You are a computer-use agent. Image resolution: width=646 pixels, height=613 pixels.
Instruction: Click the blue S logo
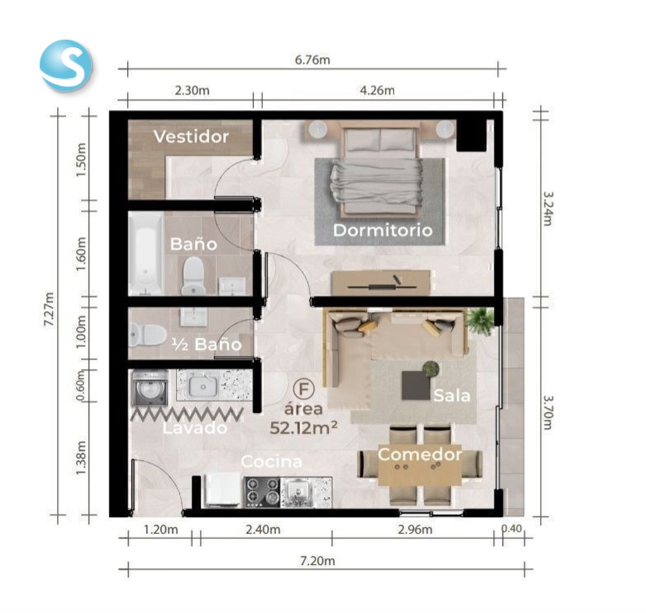pyautogui.click(x=66, y=65)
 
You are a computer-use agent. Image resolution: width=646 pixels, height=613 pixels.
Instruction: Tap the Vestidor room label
pyautogui.click(x=191, y=136)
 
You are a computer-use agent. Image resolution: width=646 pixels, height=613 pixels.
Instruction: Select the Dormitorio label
pyautogui.click(x=383, y=230)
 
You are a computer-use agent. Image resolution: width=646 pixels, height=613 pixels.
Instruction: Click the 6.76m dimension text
pyautogui.click(x=312, y=60)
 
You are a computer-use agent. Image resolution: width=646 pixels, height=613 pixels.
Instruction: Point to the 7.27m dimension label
pyautogui.click(x=49, y=309)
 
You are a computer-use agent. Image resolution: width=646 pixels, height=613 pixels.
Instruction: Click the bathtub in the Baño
pyautogui.click(x=145, y=253)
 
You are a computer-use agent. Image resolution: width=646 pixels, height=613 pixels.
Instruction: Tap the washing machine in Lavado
pyautogui.click(x=150, y=388)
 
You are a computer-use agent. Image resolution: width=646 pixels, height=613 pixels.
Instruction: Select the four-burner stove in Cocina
pyautogui.click(x=262, y=492)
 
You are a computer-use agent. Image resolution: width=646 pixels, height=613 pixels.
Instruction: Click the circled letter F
pyautogui.click(x=304, y=389)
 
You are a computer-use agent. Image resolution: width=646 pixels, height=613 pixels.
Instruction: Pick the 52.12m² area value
pyautogui.click(x=303, y=428)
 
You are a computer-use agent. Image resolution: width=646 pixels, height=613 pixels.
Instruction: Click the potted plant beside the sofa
pyautogui.click(x=480, y=320)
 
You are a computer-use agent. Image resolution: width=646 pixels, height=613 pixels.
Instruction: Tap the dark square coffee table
pyautogui.click(x=416, y=385)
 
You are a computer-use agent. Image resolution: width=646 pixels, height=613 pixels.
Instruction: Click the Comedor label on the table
pyautogui.click(x=420, y=455)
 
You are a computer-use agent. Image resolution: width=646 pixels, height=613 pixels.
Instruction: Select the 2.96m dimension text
pyautogui.click(x=415, y=529)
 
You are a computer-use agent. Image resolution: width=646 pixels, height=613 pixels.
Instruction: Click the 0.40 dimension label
pyautogui.click(x=512, y=528)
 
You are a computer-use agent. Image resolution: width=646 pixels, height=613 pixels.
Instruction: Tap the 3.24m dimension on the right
pyautogui.click(x=548, y=209)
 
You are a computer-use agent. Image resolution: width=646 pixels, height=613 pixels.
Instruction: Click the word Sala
pyautogui.click(x=452, y=396)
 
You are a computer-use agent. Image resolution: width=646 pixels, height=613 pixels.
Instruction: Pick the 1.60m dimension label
pyautogui.click(x=81, y=254)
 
